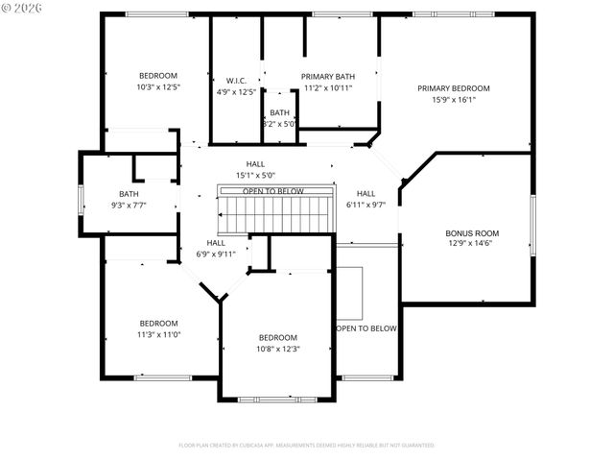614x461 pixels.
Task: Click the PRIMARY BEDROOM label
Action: pos(453,88)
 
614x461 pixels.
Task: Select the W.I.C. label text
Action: pos(237,80)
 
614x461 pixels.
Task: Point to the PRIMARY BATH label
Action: pos(328,76)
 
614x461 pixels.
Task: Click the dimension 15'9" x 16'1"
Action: pos(453,99)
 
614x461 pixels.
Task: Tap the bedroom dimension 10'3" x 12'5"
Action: pos(158,86)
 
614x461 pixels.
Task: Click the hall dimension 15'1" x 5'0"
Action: pos(255,175)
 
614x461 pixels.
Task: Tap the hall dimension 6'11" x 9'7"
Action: pos(366,204)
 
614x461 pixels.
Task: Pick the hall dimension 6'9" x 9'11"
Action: pos(216,254)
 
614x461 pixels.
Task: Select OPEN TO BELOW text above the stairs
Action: pos(273,191)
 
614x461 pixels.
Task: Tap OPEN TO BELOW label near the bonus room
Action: pos(366,328)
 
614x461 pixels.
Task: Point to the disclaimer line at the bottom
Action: pos(306,445)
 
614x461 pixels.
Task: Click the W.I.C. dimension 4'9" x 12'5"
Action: pos(237,91)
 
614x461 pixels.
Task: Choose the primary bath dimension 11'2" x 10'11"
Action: pos(328,87)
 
